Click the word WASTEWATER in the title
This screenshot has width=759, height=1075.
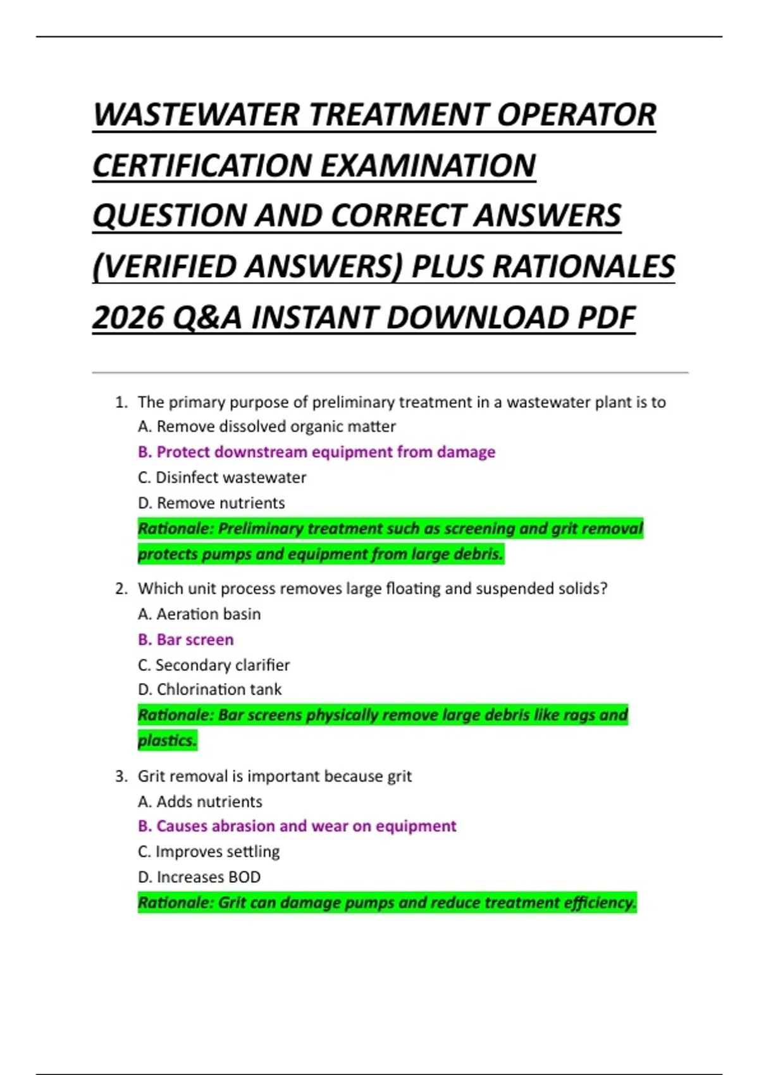[197, 115]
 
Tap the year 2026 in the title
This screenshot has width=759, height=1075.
[127, 317]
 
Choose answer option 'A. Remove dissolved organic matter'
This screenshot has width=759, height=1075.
[266, 427]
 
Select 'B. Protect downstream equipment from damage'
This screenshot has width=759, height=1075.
[316, 452]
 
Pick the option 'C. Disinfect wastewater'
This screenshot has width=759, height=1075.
[221, 477]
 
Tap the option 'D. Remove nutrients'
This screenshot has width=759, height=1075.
[211, 503]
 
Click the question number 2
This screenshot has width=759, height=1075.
[121, 589]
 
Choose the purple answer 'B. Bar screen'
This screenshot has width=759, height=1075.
[185, 640]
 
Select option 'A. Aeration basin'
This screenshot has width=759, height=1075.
[199, 614]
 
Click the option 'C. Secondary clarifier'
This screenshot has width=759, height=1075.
[214, 665]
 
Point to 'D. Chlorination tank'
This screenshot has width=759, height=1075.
[209, 689]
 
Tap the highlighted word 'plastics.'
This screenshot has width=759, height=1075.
[167, 740]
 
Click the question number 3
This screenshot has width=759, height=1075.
[121, 777]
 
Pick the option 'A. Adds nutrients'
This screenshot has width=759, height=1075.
[200, 802]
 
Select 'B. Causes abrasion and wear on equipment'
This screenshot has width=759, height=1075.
[297, 826]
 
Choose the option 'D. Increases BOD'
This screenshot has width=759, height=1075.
[199, 877]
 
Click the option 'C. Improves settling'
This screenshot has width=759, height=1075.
[209, 852]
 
